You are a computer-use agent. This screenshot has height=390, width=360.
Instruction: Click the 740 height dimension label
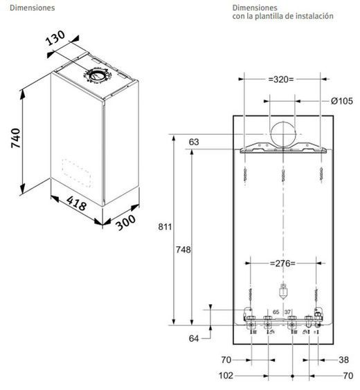[x=16, y=138]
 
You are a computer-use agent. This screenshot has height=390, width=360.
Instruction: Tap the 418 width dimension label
[x=77, y=203]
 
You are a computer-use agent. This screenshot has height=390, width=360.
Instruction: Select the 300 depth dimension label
[x=126, y=222]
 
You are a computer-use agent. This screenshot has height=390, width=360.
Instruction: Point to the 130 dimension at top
[x=56, y=38]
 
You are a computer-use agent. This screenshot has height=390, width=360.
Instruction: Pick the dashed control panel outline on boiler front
[x=77, y=173]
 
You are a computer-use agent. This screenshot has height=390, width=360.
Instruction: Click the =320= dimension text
[x=281, y=80]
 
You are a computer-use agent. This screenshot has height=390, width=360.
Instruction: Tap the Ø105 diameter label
[x=341, y=101]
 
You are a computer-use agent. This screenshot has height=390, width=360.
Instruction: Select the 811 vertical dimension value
[x=165, y=227]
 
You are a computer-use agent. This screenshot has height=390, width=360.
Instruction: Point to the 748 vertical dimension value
[x=183, y=250]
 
